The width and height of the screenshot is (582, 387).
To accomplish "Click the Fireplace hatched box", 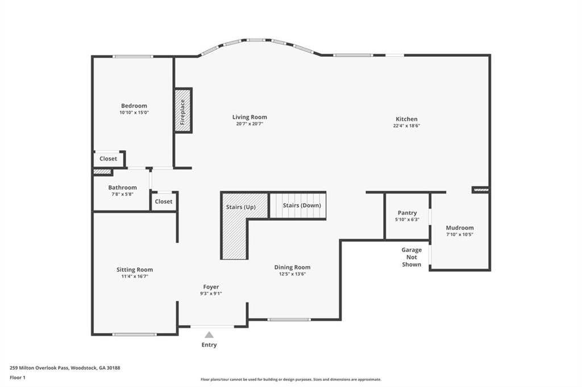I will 183,111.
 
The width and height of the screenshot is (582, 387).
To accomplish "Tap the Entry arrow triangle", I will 209,335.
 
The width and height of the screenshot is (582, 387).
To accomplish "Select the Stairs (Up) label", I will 240,207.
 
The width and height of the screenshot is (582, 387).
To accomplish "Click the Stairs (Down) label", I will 302,205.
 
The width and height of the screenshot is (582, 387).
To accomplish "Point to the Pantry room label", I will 407,213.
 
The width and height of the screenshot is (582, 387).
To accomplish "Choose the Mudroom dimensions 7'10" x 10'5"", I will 460,234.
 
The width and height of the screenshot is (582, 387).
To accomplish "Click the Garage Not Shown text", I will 411,257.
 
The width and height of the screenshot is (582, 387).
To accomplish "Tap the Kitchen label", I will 406,119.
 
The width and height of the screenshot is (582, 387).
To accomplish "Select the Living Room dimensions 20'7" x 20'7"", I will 250,124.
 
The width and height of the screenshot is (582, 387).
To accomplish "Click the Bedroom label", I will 134,106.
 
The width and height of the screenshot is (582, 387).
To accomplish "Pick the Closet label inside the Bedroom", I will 108,159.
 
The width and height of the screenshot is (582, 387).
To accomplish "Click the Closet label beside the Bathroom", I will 164,201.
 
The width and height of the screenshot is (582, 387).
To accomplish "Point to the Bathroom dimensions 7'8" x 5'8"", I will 122,194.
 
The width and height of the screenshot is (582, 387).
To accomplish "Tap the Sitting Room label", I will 135,270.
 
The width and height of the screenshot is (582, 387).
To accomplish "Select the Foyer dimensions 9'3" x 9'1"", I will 211,293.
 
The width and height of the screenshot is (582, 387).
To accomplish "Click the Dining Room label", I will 292,267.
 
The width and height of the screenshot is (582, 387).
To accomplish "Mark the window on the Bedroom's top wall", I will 132,56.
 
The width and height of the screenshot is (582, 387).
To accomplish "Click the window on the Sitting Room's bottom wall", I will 134,334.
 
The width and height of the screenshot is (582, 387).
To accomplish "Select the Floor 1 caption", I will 18,377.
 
